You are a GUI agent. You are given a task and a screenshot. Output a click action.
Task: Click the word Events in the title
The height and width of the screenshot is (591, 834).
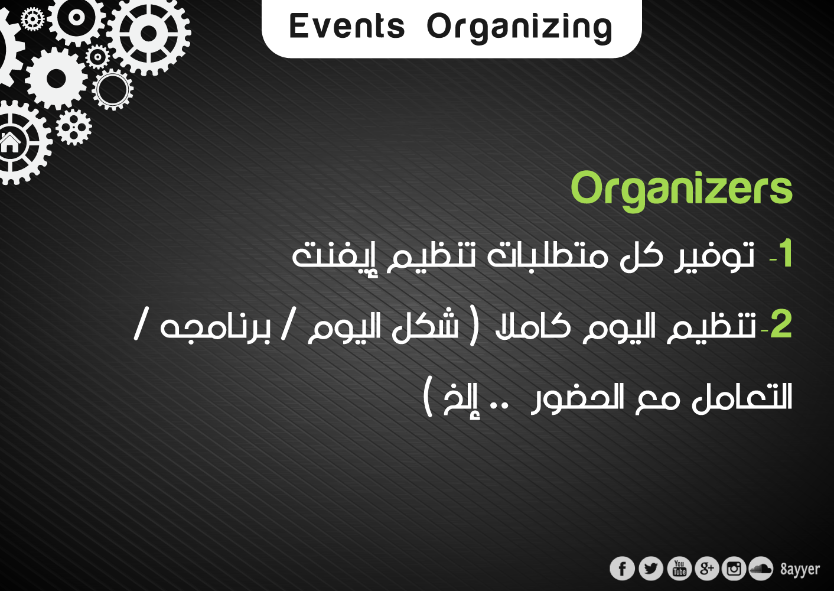point(347,26)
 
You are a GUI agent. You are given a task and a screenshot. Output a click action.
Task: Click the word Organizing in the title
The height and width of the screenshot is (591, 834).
point(519,28)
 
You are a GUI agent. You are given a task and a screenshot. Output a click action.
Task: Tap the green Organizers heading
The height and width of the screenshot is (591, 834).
point(682,191)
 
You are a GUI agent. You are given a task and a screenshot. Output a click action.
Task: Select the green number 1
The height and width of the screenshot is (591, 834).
point(786,254)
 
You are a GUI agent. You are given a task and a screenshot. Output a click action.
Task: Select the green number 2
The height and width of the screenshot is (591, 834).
point(781,324)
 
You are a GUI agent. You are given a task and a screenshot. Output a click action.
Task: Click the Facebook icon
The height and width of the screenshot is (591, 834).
point(622,569)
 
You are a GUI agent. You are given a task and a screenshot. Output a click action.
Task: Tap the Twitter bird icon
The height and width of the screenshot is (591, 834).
point(651,569)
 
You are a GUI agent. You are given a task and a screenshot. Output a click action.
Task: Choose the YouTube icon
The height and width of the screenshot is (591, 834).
point(679,569)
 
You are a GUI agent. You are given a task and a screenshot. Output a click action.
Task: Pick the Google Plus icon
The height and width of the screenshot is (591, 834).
point(706,569)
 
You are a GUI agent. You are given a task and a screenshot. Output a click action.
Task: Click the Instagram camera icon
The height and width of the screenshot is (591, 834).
point(734,569)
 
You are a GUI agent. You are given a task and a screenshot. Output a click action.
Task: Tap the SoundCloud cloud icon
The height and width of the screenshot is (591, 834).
point(761,569)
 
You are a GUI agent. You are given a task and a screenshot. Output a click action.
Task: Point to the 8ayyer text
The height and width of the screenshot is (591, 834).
point(800,569)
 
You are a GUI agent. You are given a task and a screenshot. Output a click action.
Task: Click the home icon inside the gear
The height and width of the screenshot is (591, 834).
point(9,143)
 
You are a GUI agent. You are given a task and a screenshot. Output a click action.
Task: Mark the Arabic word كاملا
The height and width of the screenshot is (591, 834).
point(533,325)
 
